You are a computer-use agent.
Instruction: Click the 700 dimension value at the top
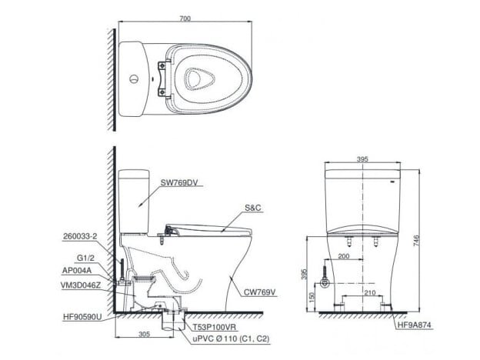coord(185,18)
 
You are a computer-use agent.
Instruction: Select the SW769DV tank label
coord(179,183)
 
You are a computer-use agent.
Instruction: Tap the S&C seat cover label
coord(253,208)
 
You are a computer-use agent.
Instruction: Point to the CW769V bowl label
coord(259,292)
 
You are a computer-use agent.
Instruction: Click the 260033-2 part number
coord(80,236)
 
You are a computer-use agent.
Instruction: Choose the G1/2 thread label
coord(85,258)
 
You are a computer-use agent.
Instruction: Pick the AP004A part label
coord(77,271)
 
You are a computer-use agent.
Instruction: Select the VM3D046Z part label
coord(81,285)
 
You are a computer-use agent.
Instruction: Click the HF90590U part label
coord(82,318)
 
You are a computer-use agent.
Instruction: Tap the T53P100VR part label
coord(215,327)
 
